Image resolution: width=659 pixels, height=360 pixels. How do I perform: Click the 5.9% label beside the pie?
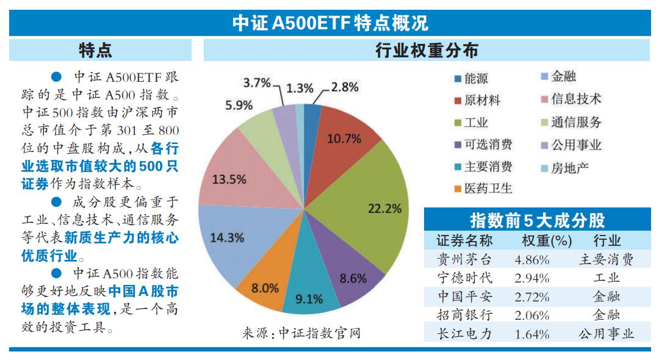(x=239, y=105)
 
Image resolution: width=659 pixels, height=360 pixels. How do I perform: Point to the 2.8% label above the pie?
(x=345, y=87)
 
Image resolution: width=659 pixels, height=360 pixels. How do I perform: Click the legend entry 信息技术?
(x=575, y=99)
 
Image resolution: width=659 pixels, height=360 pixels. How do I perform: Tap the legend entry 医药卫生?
(x=488, y=189)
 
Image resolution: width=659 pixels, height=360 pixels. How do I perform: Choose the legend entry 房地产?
(x=569, y=167)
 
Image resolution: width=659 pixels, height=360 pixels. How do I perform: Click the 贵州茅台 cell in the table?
(x=465, y=259)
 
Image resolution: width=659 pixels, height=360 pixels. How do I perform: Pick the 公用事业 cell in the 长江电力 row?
(x=606, y=334)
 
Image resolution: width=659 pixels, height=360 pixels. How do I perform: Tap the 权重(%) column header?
(x=538, y=240)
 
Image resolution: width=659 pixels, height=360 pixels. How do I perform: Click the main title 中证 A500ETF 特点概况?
(x=329, y=23)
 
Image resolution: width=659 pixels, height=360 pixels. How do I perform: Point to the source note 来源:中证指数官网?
(x=301, y=334)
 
